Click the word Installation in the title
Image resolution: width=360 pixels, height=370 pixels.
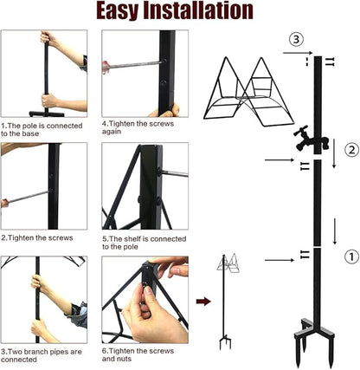pyautogui.click(x=204, y=12)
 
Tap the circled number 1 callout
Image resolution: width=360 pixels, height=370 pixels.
pyautogui.click(x=350, y=256)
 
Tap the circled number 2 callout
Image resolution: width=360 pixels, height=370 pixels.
pyautogui.click(x=350, y=150)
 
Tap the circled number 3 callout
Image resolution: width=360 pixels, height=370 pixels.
pyautogui.click(x=296, y=39)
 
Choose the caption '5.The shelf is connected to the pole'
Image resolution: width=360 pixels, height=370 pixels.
pyautogui.click(x=138, y=242)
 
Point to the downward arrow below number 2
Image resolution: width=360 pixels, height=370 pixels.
pyautogui.click(x=334, y=232)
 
